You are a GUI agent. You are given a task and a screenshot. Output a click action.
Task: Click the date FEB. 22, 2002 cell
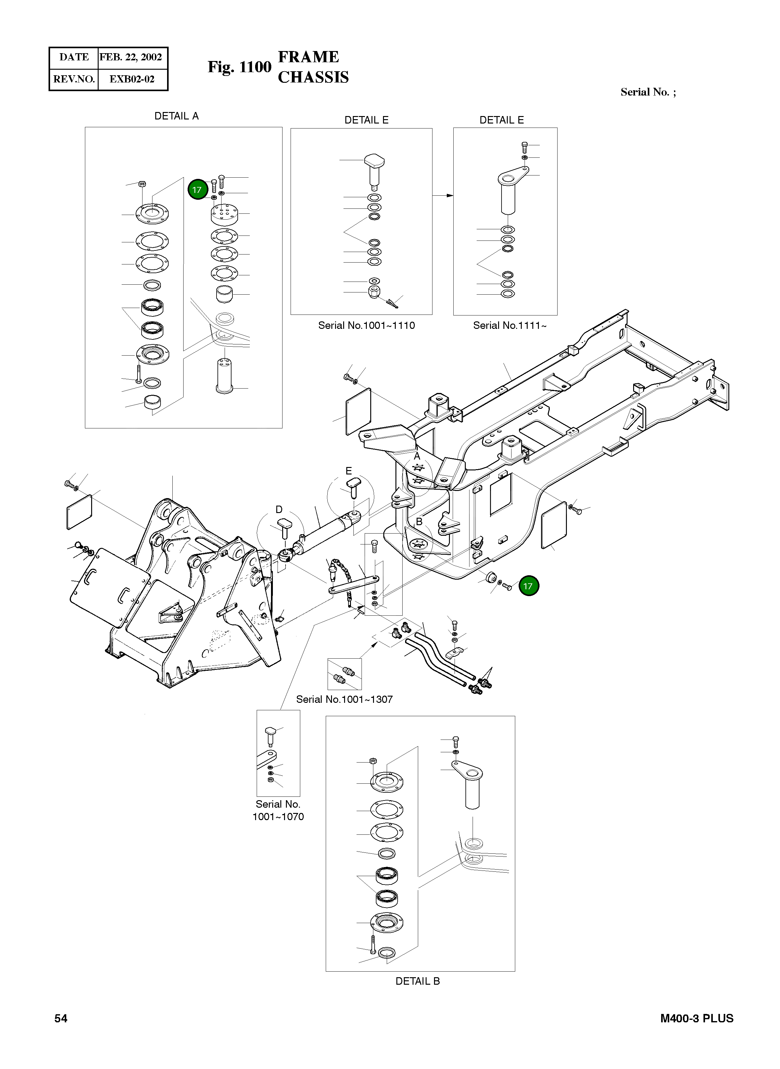[x=131, y=57]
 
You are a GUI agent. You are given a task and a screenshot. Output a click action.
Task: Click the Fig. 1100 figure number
[x=239, y=67]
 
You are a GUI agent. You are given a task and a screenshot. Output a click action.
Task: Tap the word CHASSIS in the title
[x=313, y=77]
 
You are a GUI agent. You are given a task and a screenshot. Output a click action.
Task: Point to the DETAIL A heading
[x=177, y=116]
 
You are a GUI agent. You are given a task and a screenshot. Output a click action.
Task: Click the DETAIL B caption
[x=418, y=981]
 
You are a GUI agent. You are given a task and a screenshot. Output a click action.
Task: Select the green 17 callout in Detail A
[x=197, y=190]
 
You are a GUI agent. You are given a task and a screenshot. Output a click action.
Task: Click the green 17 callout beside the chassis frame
[x=528, y=586]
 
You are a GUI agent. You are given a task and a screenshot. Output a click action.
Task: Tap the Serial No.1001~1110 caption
[x=367, y=325]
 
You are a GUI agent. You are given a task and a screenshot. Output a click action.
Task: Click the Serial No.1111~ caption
[x=509, y=325]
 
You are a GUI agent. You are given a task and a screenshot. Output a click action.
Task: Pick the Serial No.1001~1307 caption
[x=344, y=699]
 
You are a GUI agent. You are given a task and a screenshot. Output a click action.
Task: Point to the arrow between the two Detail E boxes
[x=443, y=195]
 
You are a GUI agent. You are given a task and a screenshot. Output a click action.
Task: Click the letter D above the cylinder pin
[x=279, y=510]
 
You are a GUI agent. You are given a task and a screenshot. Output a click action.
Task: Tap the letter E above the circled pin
[x=348, y=471]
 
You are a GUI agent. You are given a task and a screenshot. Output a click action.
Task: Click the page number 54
[x=61, y=1019]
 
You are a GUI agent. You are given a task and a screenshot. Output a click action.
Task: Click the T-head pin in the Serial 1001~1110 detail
[x=373, y=170]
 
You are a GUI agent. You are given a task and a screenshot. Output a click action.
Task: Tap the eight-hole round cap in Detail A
[x=224, y=215]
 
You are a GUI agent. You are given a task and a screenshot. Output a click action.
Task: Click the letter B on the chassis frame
[x=419, y=522]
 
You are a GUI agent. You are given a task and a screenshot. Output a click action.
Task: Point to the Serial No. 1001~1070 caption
[x=278, y=810]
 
